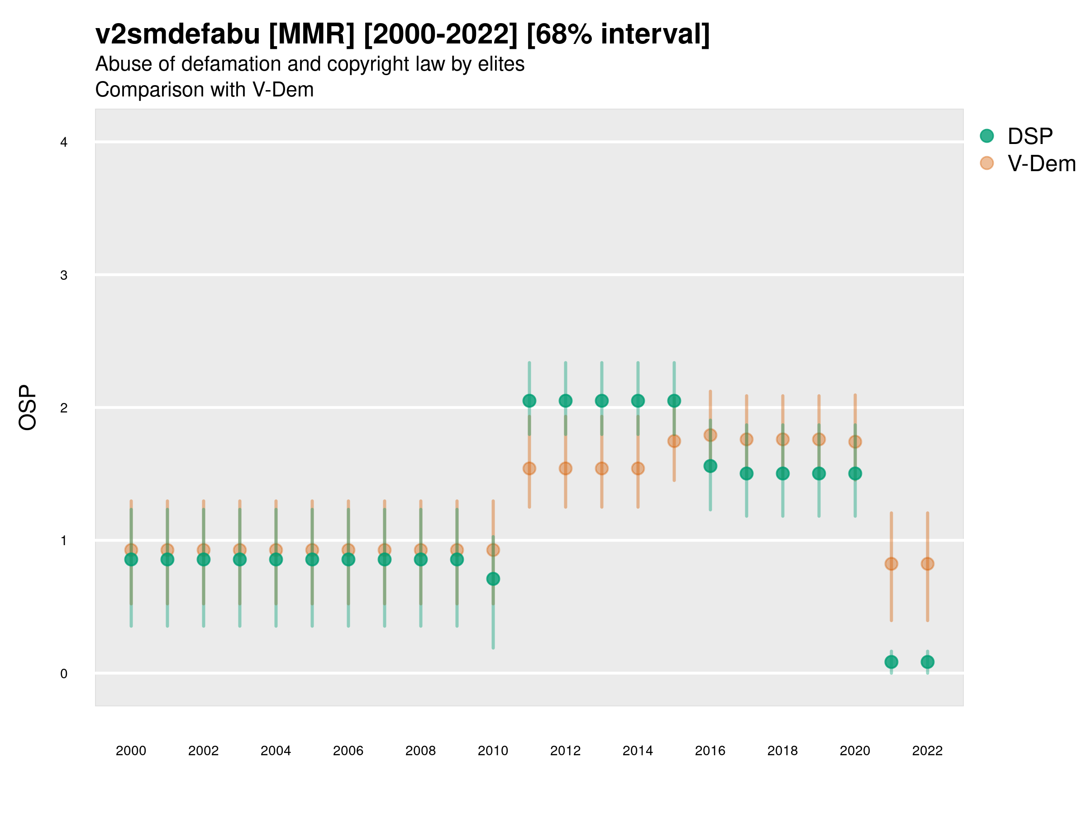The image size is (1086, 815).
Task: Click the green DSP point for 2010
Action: [493, 579]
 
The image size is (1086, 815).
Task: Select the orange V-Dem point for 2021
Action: [891, 563]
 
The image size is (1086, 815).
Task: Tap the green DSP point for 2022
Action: [928, 662]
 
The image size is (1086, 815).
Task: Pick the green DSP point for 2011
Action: [529, 401]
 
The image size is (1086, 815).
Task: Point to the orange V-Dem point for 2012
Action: [566, 468]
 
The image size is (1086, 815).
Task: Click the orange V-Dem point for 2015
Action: [674, 441]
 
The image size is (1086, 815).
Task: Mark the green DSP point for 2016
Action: [710, 466]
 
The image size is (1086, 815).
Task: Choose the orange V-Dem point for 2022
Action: [928, 563]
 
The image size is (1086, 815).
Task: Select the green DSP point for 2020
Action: [855, 474]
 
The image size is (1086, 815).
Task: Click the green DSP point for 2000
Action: [131, 559]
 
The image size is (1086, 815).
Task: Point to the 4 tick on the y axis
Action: [64, 143]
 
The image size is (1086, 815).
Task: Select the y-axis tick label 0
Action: [64, 674]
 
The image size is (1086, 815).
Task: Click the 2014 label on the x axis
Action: [638, 751]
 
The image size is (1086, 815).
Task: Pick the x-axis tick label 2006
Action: [348, 751]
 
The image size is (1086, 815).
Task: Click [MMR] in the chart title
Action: [311, 34]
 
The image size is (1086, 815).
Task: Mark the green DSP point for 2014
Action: [638, 401]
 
